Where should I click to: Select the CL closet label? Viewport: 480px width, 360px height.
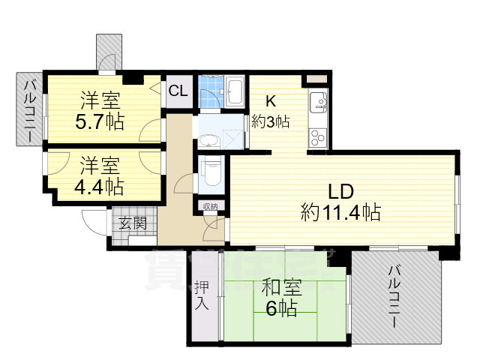[178, 91]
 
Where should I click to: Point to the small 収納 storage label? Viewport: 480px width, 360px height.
[209, 206]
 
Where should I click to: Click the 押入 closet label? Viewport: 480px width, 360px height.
[202, 295]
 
